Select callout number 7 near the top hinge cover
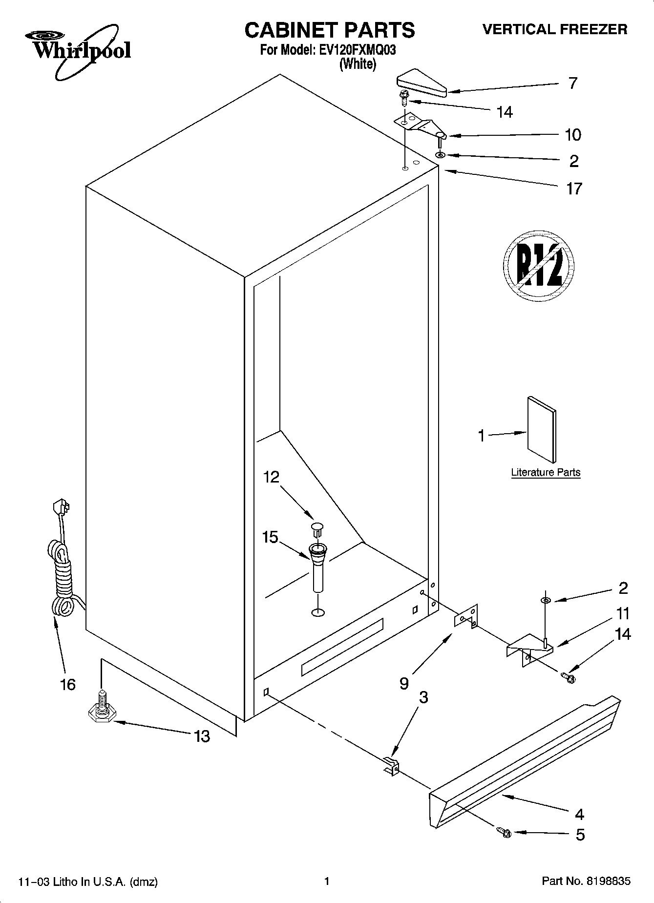pos(572,84)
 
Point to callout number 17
pos(574,189)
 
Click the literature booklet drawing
pos(541,429)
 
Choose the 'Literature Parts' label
pos(546,472)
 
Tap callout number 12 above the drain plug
pos(271,477)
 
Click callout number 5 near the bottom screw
pos(580,835)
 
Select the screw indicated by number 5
pos(503,832)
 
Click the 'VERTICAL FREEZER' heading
pos(555,29)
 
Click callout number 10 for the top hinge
pos(573,135)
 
